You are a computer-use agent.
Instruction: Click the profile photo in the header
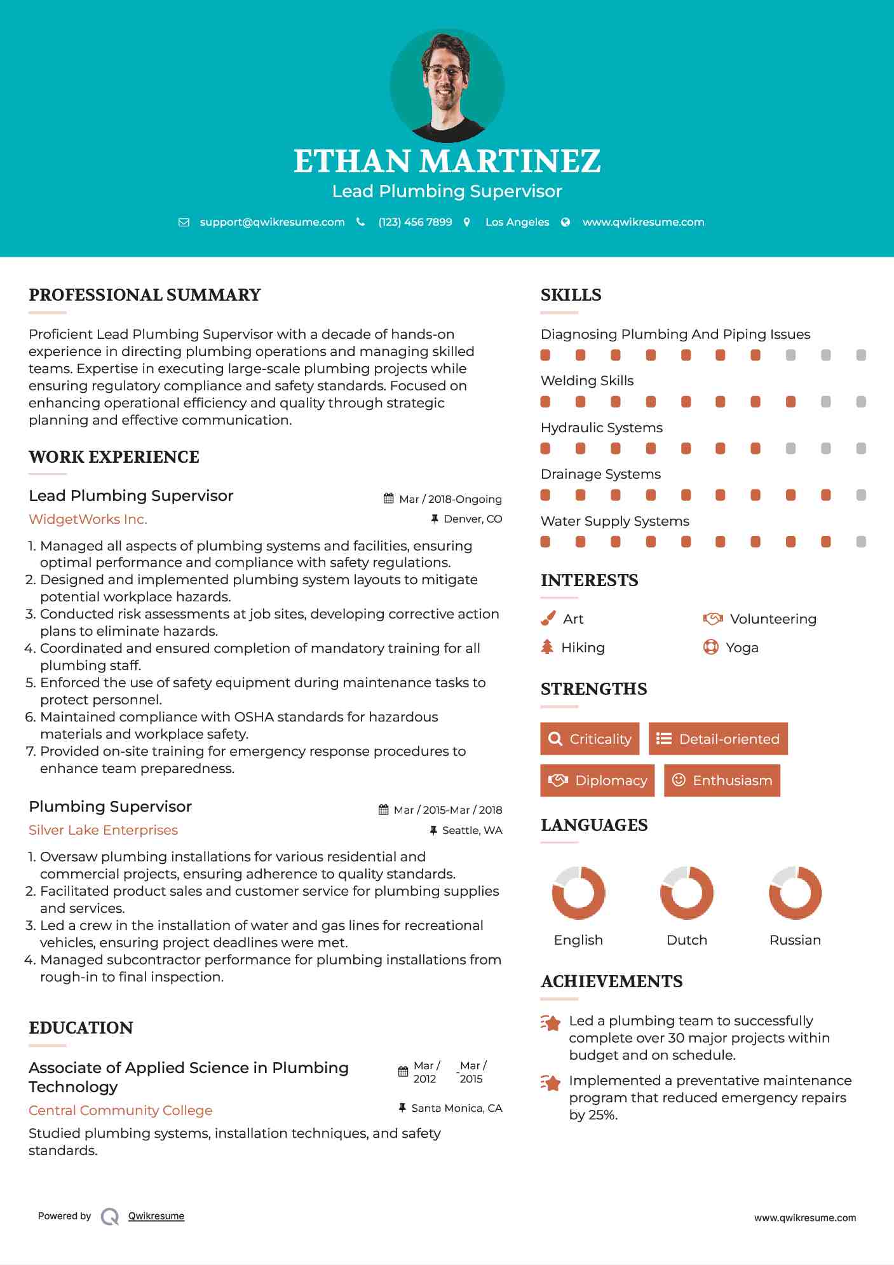[447, 85]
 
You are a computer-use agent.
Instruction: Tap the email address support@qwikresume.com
[272, 222]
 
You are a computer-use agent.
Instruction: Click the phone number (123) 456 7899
[415, 222]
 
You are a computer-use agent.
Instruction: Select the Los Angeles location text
[517, 222]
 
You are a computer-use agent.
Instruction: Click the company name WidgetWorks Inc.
[88, 519]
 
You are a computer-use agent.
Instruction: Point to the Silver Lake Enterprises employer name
[103, 830]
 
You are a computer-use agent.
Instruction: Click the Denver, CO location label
[473, 519]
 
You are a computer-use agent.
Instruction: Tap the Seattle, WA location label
[471, 830]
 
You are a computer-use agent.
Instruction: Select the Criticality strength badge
[590, 739]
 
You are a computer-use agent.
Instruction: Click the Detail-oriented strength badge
[718, 739]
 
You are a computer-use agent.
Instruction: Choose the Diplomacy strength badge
[597, 781]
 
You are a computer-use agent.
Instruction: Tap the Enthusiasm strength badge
[722, 781]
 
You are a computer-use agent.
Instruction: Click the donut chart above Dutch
[687, 892]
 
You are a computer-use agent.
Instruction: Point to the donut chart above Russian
[795, 892]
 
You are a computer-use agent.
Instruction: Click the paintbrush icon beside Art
[548, 619]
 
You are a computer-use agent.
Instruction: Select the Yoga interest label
[742, 648]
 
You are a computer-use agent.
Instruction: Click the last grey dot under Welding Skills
[861, 402]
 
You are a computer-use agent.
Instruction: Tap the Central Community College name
[120, 1111]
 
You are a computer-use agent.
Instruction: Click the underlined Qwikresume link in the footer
[156, 1216]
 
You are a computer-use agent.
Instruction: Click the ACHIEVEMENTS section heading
[611, 981]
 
